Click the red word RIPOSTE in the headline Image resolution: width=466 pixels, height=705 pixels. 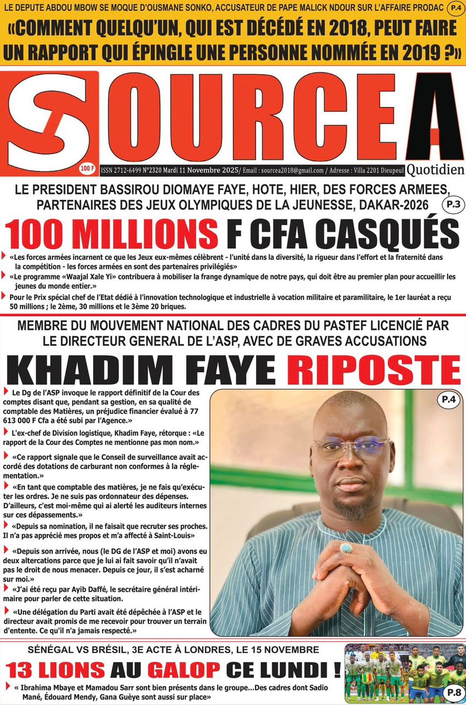click(x=373, y=370)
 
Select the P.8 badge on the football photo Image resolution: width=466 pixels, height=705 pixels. click(x=452, y=692)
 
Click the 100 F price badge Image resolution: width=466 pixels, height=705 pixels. click(x=86, y=167)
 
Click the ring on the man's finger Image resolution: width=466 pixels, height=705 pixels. click(x=345, y=549)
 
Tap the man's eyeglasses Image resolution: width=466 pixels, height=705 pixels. click(x=350, y=446)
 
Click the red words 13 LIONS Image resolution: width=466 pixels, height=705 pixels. click(x=55, y=670)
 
